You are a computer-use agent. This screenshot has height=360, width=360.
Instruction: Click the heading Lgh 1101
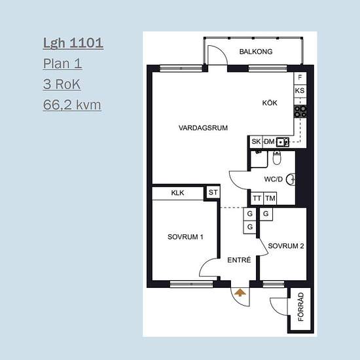(73, 43)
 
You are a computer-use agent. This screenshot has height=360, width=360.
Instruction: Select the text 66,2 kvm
(72, 105)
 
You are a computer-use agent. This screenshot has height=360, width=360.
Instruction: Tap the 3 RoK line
(62, 84)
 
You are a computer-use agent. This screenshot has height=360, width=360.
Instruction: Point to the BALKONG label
(256, 52)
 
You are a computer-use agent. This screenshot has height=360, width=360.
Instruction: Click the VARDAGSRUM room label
(203, 128)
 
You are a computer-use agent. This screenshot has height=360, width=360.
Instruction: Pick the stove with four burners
(300, 111)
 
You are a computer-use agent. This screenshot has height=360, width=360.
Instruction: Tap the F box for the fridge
(300, 78)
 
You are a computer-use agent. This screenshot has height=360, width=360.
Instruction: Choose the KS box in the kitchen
(300, 91)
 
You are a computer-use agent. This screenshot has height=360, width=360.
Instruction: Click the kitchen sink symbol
(282, 142)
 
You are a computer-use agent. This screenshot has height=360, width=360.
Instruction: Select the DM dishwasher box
(269, 141)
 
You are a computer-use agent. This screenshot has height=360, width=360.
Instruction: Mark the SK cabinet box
(256, 141)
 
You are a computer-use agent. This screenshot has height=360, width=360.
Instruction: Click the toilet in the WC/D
(277, 158)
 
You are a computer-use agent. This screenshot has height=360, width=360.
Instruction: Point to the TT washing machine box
(257, 198)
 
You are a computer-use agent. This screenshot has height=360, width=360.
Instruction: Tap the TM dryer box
(270, 198)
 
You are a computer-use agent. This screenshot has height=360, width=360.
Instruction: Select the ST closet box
(213, 192)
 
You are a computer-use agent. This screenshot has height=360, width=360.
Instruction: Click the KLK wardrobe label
(177, 193)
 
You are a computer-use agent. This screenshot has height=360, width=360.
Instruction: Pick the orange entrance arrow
(240, 293)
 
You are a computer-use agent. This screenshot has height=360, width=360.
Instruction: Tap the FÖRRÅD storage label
(300, 306)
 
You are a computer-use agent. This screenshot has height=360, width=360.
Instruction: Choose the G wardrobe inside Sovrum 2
(266, 214)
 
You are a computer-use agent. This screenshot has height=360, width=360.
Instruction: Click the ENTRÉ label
(239, 260)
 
